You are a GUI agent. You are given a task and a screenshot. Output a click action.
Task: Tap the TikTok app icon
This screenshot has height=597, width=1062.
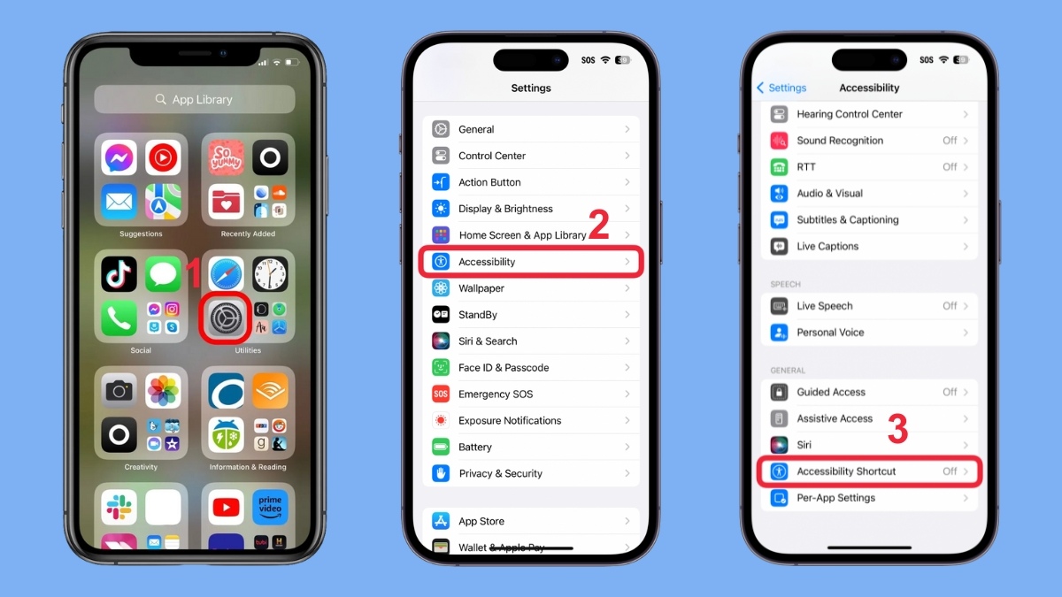tap(119, 274)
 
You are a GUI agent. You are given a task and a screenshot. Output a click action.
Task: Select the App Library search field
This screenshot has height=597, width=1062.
tap(195, 100)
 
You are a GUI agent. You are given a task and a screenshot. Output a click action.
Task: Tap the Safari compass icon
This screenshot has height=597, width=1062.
tap(226, 274)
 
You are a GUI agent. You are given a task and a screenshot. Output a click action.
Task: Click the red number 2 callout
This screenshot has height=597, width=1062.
tap(598, 226)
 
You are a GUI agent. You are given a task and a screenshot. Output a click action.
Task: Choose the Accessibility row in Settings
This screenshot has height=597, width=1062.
tap(531, 262)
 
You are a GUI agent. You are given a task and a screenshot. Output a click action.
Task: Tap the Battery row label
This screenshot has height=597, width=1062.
tap(475, 448)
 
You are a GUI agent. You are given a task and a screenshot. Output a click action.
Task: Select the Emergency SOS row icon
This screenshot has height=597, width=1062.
tap(441, 394)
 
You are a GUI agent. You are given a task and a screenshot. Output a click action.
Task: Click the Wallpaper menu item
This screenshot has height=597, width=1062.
tap(481, 288)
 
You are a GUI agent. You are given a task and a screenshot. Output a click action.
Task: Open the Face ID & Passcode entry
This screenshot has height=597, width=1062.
tap(504, 368)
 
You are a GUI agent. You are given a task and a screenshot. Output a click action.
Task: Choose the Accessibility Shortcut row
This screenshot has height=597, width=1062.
tap(869, 471)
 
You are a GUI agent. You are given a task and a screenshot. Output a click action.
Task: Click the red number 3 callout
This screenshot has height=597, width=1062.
tap(897, 430)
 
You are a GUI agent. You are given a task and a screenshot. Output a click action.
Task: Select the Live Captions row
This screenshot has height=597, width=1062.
tap(827, 247)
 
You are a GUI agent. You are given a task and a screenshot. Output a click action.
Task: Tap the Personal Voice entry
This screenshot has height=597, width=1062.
tap(830, 333)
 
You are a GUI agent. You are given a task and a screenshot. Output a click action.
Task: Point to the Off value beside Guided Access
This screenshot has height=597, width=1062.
tap(950, 392)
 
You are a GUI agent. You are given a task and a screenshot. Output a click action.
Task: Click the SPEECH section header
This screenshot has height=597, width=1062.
tap(785, 285)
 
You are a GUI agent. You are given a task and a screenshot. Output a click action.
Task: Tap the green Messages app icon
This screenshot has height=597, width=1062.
tap(164, 274)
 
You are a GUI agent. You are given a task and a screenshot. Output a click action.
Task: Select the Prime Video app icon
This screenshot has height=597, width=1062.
tap(270, 507)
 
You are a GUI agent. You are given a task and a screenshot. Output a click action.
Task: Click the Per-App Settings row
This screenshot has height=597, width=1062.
tap(835, 498)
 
